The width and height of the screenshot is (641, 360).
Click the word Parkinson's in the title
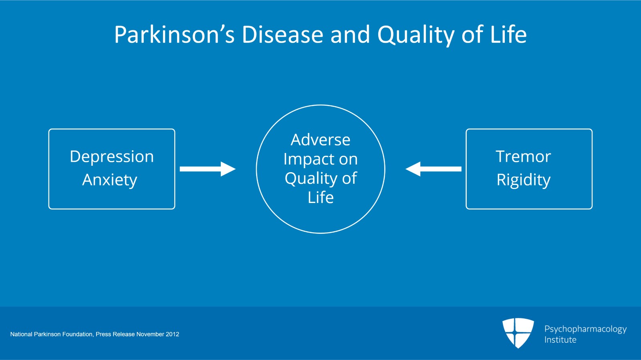(174, 34)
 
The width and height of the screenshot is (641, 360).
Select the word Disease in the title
(283, 34)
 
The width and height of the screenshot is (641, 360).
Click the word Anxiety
(110, 180)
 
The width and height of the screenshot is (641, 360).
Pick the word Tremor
(523, 157)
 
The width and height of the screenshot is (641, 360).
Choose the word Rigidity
(523, 180)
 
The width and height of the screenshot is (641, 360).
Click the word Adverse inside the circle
(320, 140)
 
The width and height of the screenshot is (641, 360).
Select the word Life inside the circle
(320, 197)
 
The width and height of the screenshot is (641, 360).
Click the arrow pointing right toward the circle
(208, 169)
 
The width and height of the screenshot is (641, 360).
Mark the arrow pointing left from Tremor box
(433, 169)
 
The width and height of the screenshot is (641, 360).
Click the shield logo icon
(518, 333)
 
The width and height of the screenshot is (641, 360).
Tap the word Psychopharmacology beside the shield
(585, 329)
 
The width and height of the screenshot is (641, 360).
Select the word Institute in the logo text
(560, 340)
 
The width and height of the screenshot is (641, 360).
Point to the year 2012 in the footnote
(173, 334)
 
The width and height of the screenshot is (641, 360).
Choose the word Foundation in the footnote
(78, 334)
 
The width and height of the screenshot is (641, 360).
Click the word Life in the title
(508, 34)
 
